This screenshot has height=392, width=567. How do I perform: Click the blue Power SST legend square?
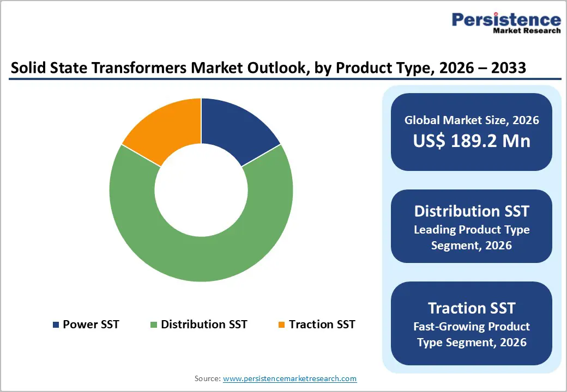point(56,325)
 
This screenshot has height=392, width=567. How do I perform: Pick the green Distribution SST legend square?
point(154,325)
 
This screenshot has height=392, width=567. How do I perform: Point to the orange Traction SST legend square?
point(281,325)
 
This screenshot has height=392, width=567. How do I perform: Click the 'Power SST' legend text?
point(91,324)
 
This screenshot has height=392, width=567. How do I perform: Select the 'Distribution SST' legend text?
point(204,324)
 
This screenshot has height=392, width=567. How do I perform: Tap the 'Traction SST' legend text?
point(322,324)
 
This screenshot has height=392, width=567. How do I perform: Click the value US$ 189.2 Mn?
point(472,141)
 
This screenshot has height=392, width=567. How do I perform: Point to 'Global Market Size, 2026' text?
point(472,120)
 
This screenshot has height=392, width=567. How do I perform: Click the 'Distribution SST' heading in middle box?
point(472,211)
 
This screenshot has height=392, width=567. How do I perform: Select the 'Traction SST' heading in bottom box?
point(472,308)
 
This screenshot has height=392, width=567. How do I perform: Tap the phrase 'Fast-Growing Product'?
point(472,327)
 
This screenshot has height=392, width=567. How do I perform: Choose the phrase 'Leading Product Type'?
point(472,230)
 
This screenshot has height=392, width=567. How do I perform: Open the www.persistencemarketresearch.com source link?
point(290,378)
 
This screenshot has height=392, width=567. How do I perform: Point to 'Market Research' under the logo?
point(526,31)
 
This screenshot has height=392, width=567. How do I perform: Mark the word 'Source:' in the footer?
point(208,378)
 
